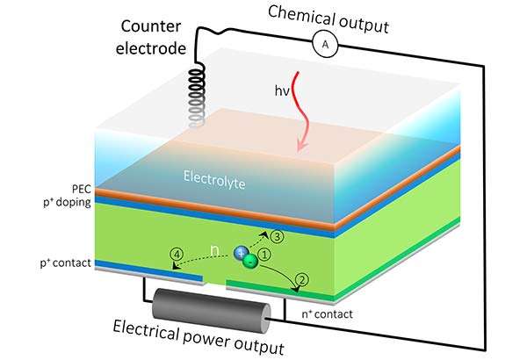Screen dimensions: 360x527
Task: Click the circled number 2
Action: coord(300,281)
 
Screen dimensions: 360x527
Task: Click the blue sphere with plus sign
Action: coord(241,251)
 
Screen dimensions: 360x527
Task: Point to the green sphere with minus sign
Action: coord(251,260)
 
